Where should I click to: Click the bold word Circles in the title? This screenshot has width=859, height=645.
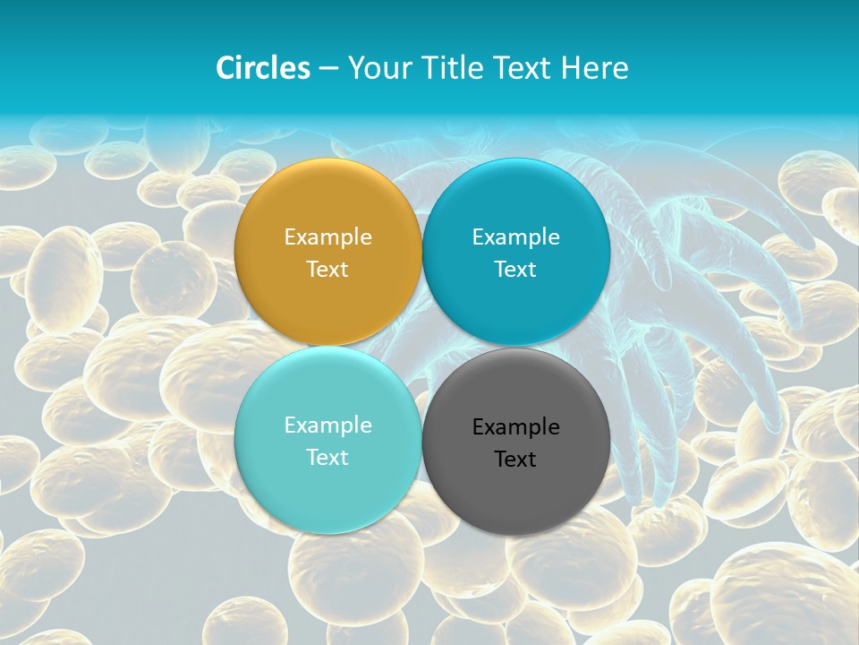coord(262,68)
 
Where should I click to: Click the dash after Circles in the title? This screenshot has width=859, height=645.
coord(327,69)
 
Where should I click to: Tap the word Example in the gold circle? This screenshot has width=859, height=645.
coord(327,237)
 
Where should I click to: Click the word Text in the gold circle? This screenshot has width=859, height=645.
coord(327,270)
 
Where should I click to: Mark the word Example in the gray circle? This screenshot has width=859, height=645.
coord(516,427)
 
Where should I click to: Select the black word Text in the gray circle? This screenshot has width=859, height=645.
coord(516,460)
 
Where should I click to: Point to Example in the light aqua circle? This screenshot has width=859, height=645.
coord(327,426)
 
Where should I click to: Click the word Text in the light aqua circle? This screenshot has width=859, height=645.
coord(327,458)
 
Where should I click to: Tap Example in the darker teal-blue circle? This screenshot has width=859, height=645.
coord(516,237)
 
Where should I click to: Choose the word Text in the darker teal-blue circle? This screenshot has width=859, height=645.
coord(516,270)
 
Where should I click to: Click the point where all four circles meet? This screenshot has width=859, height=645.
coord(422,346)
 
